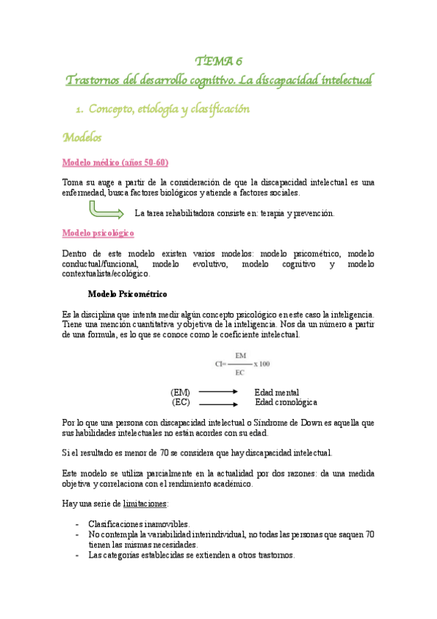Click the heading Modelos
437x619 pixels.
click(82, 137)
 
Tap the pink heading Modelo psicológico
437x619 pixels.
click(98, 232)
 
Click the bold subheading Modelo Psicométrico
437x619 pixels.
click(128, 295)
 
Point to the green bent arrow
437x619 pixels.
click(105, 211)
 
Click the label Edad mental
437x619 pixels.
click(276, 392)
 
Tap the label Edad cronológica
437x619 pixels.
click(285, 402)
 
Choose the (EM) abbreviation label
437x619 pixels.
click(180, 392)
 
